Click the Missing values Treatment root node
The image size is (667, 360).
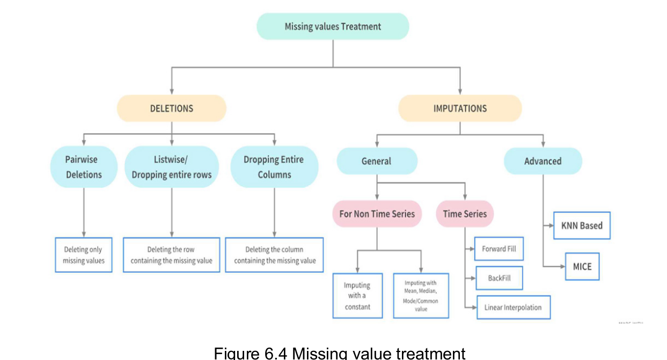333,27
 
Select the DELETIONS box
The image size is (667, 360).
172,108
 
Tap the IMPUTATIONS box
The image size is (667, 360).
460,108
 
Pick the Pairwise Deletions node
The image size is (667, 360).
84,167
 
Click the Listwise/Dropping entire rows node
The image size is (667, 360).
172,167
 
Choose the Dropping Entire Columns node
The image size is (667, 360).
274,167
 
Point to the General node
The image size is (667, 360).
377,161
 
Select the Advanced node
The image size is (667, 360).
543,161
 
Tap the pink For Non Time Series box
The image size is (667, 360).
377,214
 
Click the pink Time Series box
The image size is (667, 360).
465,214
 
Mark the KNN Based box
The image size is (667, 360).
582,225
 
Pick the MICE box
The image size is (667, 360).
582,266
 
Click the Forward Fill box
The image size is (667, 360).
499,249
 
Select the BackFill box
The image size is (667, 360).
499,278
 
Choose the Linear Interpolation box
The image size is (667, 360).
513,307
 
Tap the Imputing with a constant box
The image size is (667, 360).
357,296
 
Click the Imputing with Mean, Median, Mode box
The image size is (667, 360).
421,296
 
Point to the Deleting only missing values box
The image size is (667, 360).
84,255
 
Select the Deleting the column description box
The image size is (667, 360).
274,255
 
